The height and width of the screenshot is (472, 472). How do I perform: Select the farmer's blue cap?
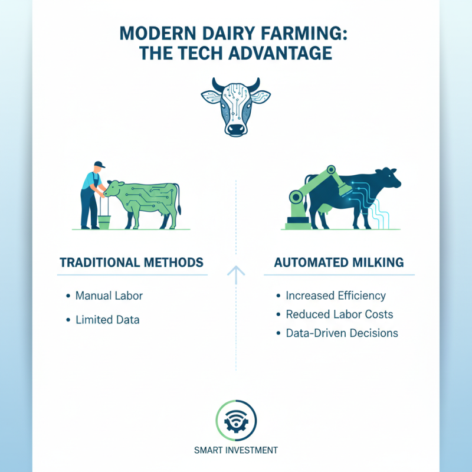click(99, 165)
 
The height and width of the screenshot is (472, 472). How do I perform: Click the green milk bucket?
click(104, 222)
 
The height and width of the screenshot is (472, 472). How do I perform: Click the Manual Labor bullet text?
click(109, 295)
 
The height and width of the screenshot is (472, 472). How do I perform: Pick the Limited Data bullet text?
click(107, 320)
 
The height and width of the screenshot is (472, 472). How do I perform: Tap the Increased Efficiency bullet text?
click(335, 295)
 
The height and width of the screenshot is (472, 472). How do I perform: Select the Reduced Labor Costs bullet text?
click(339, 314)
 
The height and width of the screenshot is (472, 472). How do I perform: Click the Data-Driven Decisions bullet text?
click(342, 333)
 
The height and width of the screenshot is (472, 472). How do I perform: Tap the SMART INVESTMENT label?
click(235, 450)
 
